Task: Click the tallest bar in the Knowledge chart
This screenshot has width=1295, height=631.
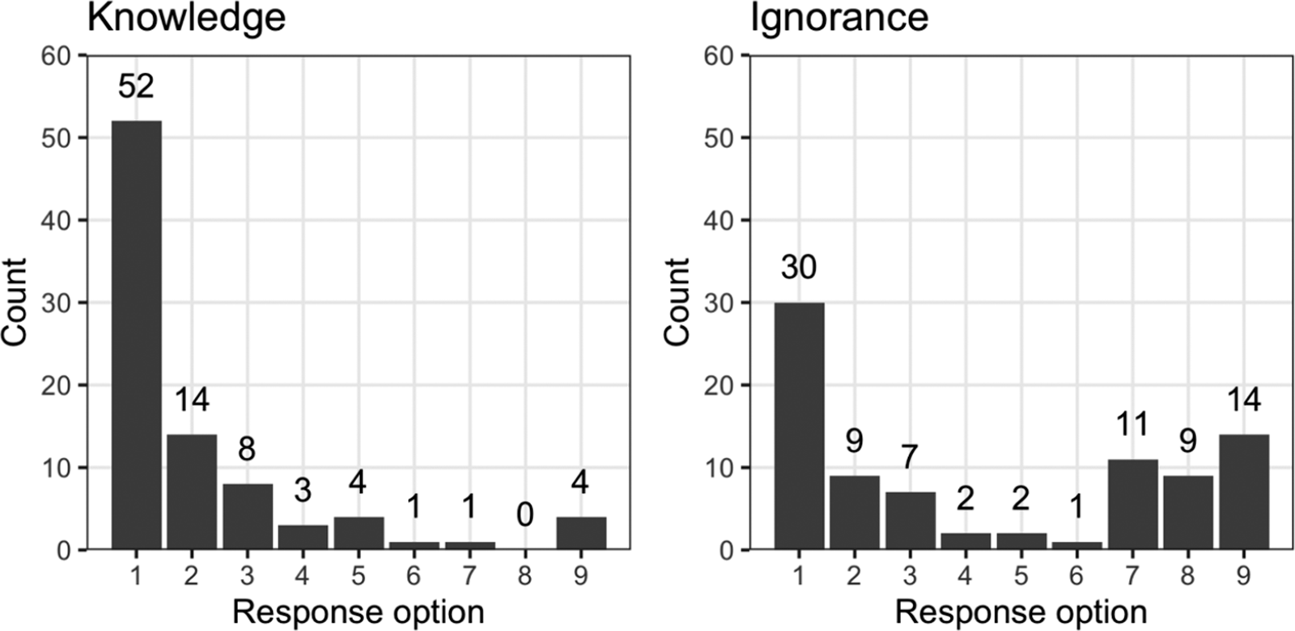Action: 136,335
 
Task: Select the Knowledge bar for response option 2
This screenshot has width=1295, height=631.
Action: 192,492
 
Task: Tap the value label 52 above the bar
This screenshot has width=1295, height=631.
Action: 136,86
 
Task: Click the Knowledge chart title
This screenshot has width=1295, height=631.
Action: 186,18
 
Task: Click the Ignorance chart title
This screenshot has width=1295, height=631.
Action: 839,18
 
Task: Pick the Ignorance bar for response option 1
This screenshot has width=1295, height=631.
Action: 799,426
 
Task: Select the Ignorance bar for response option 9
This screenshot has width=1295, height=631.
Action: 1243,492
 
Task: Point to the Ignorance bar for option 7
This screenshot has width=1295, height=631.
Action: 1132,505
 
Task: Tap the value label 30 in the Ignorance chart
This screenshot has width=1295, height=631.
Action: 799,267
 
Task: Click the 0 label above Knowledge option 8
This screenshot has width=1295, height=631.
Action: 524,515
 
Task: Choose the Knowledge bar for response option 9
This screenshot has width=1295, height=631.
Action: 580,533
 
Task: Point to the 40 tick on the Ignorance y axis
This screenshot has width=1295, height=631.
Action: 720,220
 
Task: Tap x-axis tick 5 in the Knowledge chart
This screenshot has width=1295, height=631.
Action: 358,576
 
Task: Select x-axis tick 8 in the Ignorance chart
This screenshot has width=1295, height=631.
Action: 1187,576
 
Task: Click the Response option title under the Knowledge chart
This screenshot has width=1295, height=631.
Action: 358,611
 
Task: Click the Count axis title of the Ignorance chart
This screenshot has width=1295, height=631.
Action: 677,303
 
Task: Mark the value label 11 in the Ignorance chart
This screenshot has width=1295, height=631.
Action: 1132,424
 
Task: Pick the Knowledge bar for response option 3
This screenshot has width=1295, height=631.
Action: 247,516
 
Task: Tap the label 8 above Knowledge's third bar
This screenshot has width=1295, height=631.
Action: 247,449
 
